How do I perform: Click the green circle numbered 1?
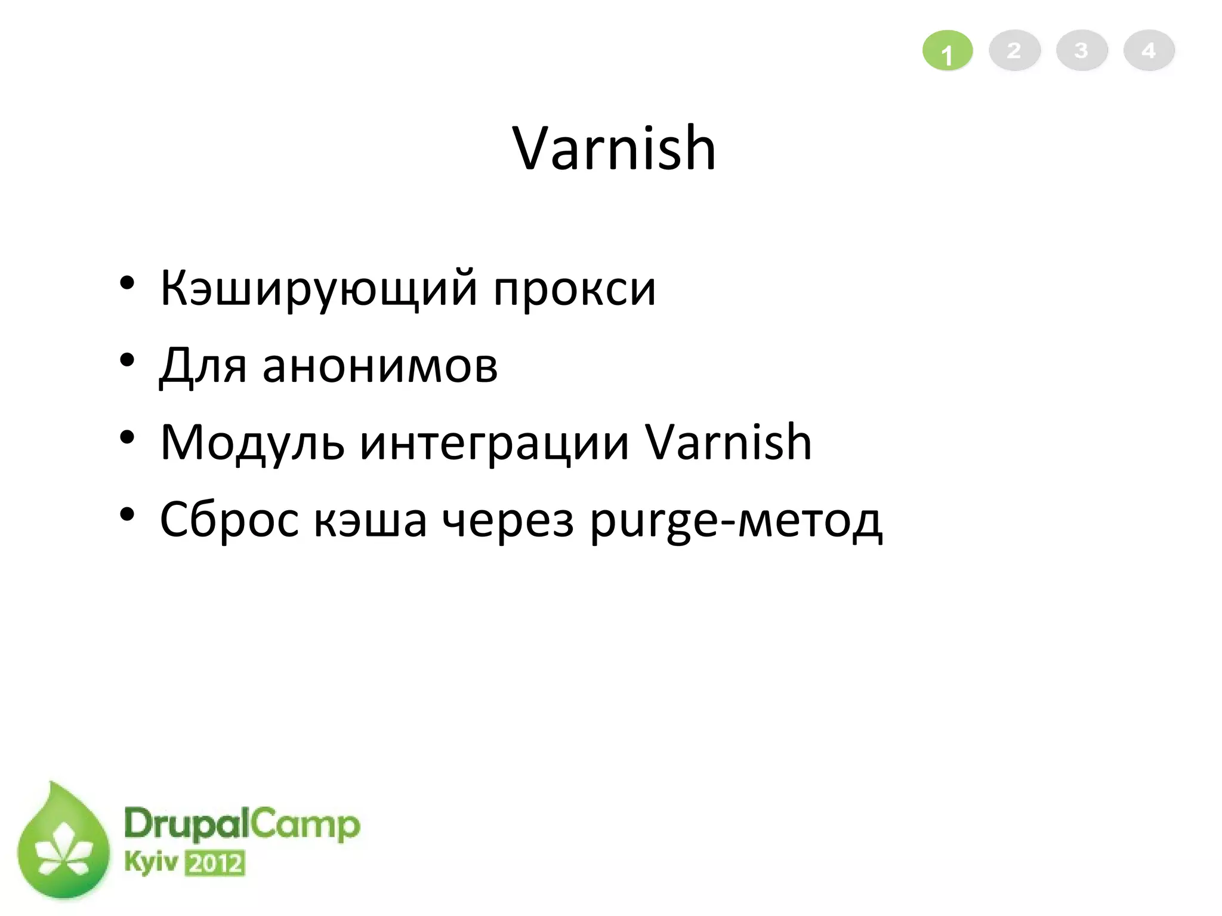pyautogui.click(x=948, y=51)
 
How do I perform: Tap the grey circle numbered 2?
pyautogui.click(x=1014, y=51)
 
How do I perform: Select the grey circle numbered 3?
pyautogui.click(x=1082, y=51)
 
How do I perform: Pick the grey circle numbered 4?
pyautogui.click(x=1149, y=51)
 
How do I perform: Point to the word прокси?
pyautogui.click(x=575, y=289)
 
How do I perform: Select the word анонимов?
pyautogui.click(x=379, y=365)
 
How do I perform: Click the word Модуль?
pyautogui.click(x=252, y=443)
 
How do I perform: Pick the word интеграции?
pyautogui.click(x=495, y=443)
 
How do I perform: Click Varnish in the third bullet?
pyautogui.click(x=729, y=443)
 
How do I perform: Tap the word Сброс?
pyautogui.click(x=229, y=519)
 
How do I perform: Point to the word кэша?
pyautogui.click(x=370, y=519)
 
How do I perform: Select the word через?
pyautogui.click(x=508, y=519)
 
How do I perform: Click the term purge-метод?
pyautogui.click(x=736, y=519)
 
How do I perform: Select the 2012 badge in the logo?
pyautogui.click(x=215, y=863)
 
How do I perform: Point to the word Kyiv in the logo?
pyautogui.click(x=151, y=862)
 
